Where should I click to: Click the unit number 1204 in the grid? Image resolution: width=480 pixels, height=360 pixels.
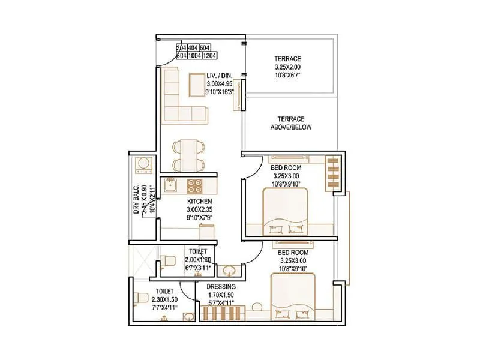209,56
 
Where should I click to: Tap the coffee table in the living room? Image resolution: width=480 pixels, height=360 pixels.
198,83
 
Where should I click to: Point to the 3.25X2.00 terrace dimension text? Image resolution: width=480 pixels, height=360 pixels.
288,67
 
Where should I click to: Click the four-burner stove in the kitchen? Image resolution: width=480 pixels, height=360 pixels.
195,185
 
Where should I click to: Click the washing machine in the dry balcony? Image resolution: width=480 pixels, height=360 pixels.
143,164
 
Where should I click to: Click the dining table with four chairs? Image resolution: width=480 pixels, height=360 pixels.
187,155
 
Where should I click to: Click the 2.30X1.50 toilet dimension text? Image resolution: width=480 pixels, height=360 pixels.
163,298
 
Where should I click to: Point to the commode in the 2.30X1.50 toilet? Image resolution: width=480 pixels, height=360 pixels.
142,298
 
